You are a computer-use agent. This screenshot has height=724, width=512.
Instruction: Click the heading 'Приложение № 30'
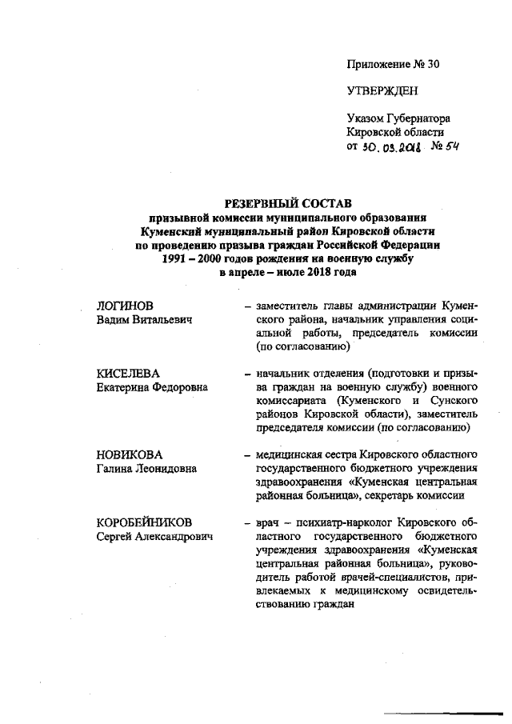(394, 64)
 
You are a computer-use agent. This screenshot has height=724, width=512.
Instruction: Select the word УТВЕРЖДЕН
(382, 91)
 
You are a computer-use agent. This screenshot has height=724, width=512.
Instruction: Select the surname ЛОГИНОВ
(125, 306)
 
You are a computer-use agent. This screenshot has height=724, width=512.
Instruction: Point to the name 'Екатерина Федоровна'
(152, 387)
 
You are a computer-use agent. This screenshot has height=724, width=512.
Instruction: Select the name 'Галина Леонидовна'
(146, 468)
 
